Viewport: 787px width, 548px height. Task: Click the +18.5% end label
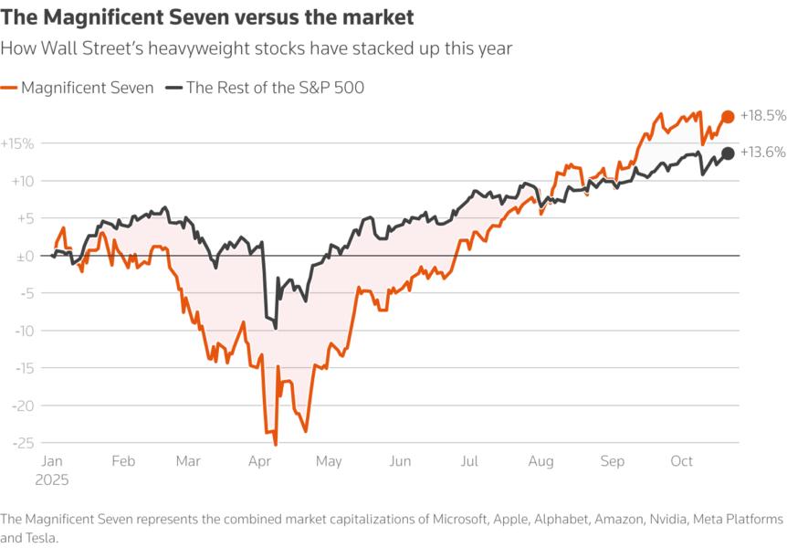click(763, 116)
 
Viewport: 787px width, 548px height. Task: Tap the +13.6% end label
click(763, 153)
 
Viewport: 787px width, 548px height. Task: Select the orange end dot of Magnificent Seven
click(728, 116)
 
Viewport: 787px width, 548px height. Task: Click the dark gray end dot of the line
click(728, 153)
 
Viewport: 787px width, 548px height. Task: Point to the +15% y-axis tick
click(17, 143)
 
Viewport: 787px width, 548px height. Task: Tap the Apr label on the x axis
click(258, 462)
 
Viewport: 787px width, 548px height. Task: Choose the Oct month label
click(681, 462)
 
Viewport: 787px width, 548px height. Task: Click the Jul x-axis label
click(469, 462)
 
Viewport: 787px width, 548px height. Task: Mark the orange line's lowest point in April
click(276, 444)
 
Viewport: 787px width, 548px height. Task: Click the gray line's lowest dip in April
click(276, 328)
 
